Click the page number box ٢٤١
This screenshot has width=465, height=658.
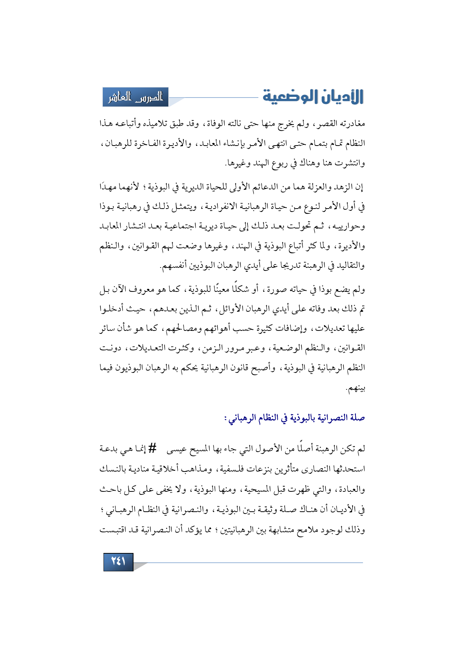click(x=118, y=562)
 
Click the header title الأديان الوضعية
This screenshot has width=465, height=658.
click(x=313, y=97)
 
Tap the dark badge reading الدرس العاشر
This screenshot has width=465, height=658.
click(x=135, y=97)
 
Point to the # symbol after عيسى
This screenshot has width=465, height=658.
click(x=152, y=448)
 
